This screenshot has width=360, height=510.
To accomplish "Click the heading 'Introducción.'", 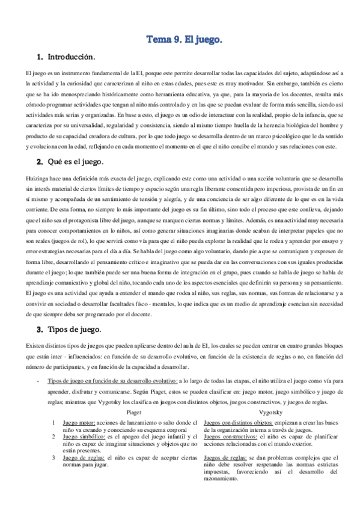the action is click(x=71, y=57).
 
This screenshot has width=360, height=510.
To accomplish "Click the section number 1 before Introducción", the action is click(x=40, y=57).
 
